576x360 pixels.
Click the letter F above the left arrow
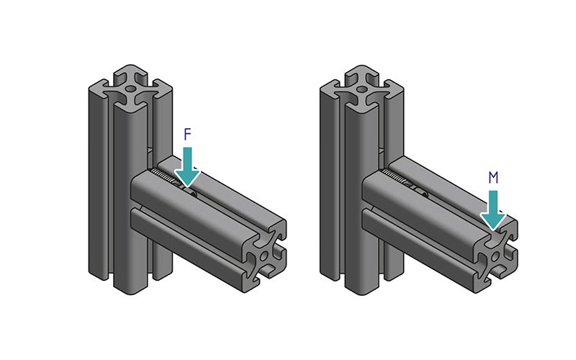pos(188,135)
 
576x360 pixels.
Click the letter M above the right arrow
pos(492,178)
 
